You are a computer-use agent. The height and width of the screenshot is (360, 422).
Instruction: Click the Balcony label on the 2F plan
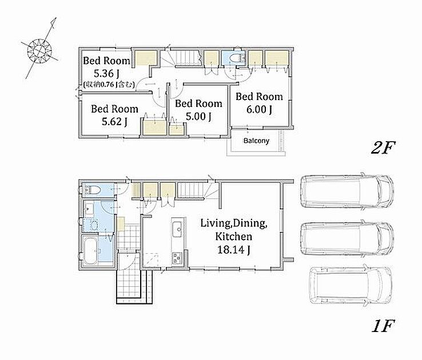pos(256,141)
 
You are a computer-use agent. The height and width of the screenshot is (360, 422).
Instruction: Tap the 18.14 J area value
pos(234,250)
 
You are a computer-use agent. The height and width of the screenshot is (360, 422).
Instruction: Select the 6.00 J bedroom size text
pos(259,109)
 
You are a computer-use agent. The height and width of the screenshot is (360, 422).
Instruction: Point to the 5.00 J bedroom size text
pos(198,116)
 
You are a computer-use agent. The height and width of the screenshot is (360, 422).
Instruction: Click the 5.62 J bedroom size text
pos(114,122)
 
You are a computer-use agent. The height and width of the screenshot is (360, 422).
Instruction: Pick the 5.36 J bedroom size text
pos(106,73)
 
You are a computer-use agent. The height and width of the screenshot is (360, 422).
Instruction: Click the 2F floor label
pos(383,147)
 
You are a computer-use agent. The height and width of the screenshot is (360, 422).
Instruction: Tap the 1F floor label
pos(383,326)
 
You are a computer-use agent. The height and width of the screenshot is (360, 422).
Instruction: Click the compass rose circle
pos(39,51)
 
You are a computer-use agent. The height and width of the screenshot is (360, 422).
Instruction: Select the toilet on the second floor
pos(236,58)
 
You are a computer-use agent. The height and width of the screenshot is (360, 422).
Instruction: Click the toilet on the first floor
pos(92,190)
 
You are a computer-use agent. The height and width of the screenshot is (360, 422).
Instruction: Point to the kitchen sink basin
pos(178,229)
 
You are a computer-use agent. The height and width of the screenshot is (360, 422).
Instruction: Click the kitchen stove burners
pos(177,258)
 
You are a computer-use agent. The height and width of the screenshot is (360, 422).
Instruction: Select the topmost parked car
pos(347,191)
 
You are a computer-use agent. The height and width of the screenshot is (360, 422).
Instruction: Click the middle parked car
pos(347,238)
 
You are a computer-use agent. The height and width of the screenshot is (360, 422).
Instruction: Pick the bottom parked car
pos(351,285)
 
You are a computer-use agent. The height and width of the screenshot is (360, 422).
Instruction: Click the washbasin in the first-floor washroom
pos(89,209)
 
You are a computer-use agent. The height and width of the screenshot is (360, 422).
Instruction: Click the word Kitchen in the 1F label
pos(234,237)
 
